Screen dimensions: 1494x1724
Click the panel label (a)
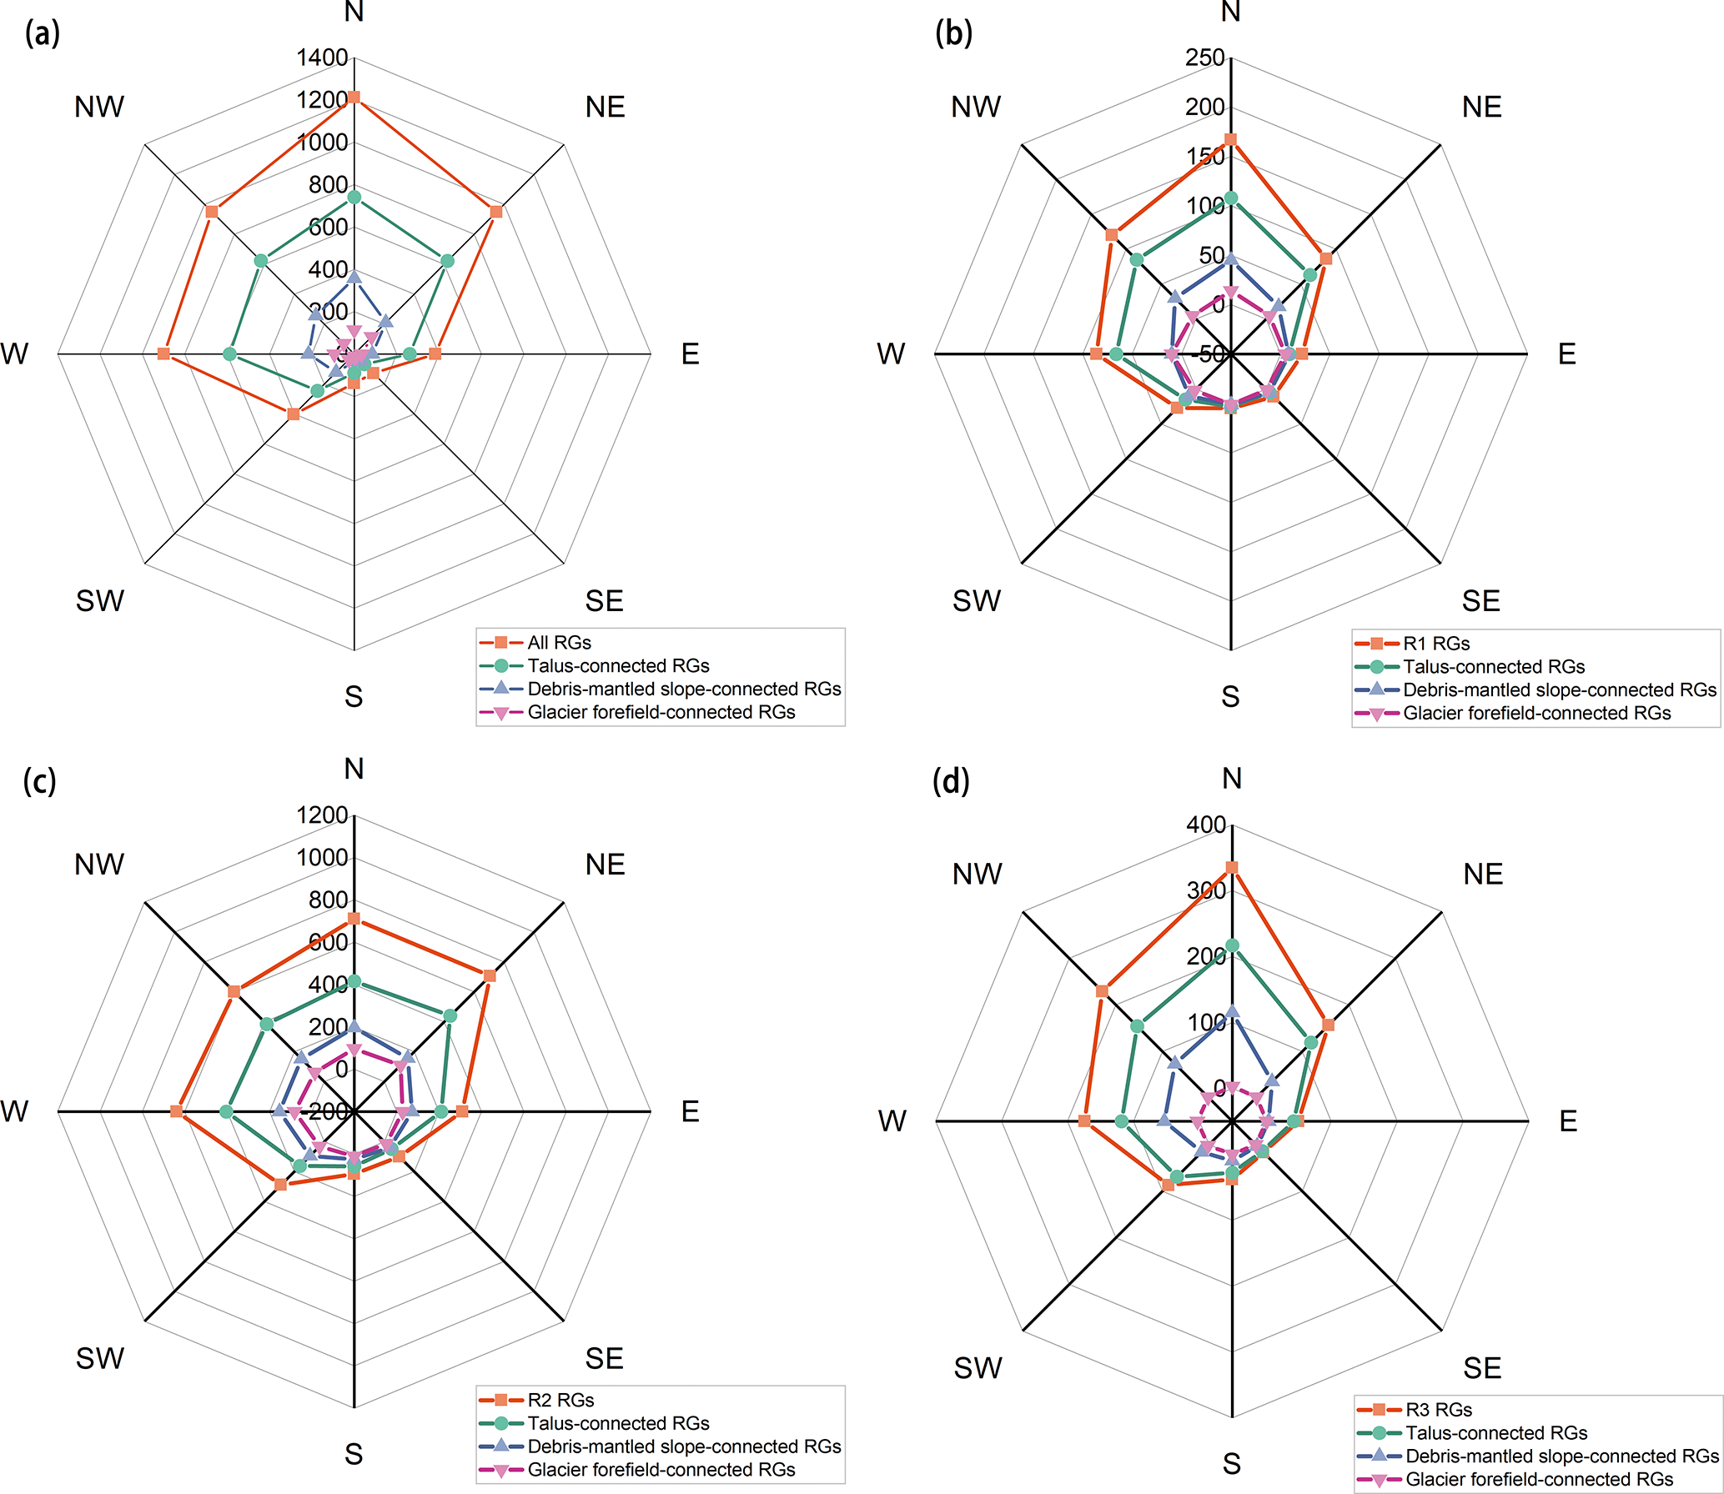(x=43, y=34)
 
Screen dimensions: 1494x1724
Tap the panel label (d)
(x=951, y=781)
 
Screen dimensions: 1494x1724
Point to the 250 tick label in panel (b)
(x=1205, y=58)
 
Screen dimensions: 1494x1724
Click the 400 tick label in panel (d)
(x=1206, y=825)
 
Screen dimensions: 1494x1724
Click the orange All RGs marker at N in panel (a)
(x=354, y=98)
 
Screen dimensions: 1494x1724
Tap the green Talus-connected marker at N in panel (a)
(x=354, y=198)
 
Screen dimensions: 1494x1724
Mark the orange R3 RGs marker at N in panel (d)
(x=1232, y=868)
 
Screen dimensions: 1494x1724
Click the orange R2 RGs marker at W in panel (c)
(x=176, y=1111)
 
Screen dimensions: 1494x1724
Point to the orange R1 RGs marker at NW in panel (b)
(x=1112, y=235)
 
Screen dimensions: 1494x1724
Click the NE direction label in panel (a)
(x=605, y=108)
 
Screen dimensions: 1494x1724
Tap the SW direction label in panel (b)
(x=976, y=600)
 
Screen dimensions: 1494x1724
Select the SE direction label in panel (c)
(x=605, y=1358)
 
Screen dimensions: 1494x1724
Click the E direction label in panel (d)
(x=1568, y=1121)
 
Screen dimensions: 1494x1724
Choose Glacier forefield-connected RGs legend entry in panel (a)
(x=661, y=713)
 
